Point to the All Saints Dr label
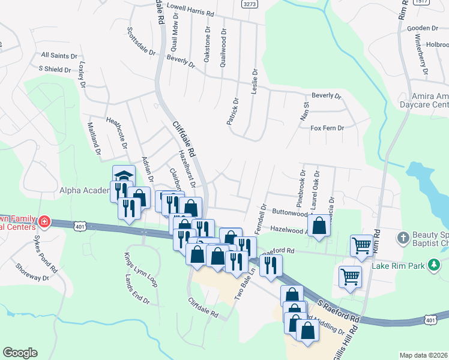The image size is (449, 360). tap(59, 55)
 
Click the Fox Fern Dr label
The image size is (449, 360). tap(327, 128)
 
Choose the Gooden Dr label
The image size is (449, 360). tap(423, 28)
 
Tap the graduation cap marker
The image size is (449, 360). tap(123, 175)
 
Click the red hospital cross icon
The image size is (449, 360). tap(43, 223)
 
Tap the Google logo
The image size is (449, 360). tap(20, 353)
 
